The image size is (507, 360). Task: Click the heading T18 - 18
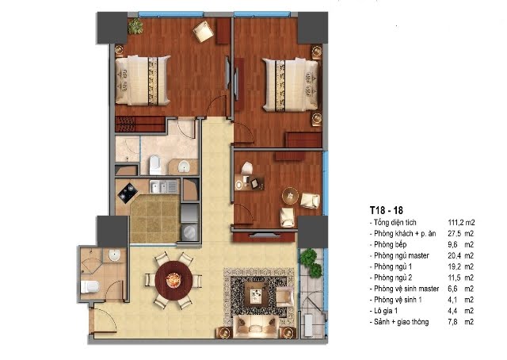[387, 210]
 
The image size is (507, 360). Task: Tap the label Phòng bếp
[390, 244]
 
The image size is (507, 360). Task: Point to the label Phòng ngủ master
[402, 255]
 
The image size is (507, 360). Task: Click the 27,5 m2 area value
[461, 233]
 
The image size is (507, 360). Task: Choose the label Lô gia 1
[386, 311]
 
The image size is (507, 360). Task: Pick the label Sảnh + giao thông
[402, 322]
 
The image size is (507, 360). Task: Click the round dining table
[174, 281]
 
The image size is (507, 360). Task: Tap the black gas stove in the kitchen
[128, 192]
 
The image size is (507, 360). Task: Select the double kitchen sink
[163, 187]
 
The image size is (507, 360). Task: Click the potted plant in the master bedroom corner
[135, 26]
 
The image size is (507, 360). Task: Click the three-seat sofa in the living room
[256, 327]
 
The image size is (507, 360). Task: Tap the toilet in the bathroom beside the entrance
[90, 287]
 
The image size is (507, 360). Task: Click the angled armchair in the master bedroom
[203, 31]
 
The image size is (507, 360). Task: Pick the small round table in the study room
[291, 196]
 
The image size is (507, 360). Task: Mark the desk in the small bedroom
[249, 182]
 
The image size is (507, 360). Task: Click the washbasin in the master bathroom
[184, 167]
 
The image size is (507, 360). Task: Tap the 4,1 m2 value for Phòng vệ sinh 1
[461, 300]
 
